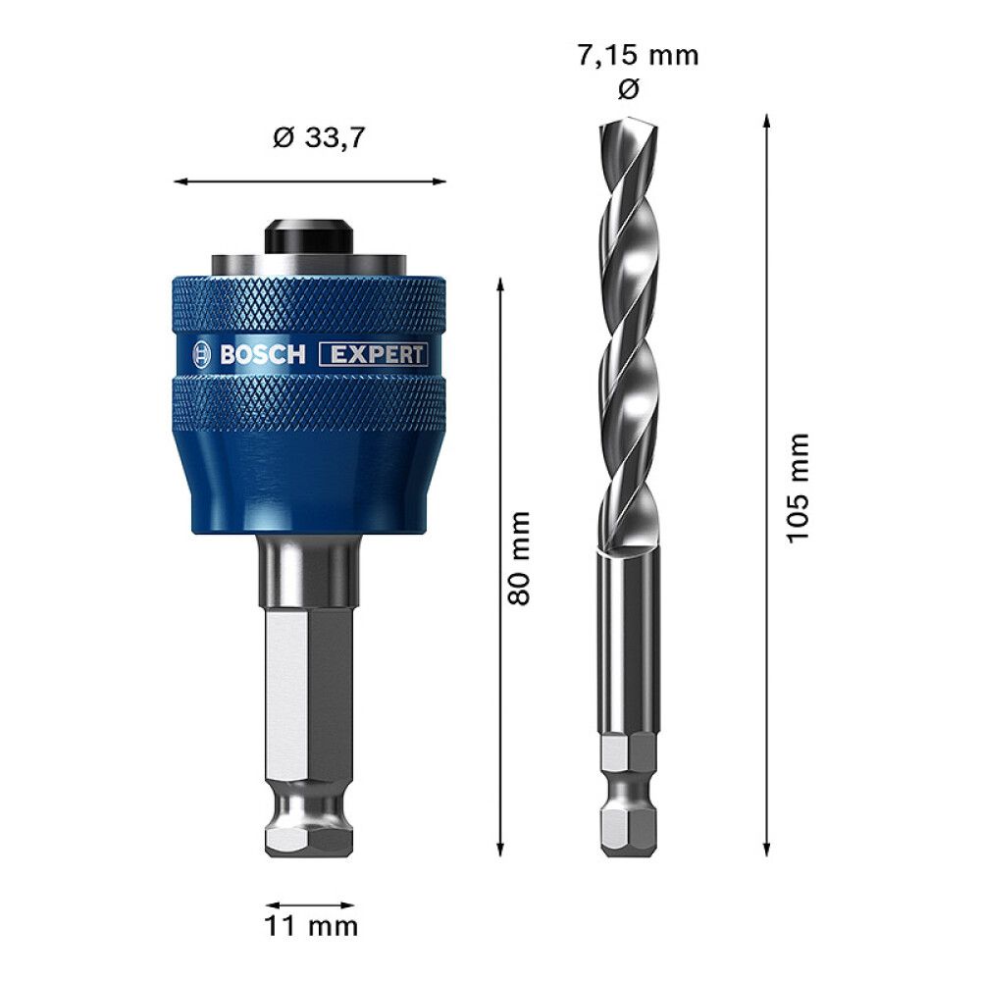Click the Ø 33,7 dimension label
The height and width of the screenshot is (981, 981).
pos(319,138)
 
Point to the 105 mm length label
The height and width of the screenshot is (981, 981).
pos(799,486)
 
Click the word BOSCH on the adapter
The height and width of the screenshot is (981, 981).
pos(262,355)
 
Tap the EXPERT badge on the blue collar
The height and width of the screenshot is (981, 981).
pos(375,355)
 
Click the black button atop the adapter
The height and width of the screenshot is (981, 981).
pos(309,236)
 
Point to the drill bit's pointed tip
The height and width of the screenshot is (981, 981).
pos(610,126)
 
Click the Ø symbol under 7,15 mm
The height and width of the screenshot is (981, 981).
pos(630,89)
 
